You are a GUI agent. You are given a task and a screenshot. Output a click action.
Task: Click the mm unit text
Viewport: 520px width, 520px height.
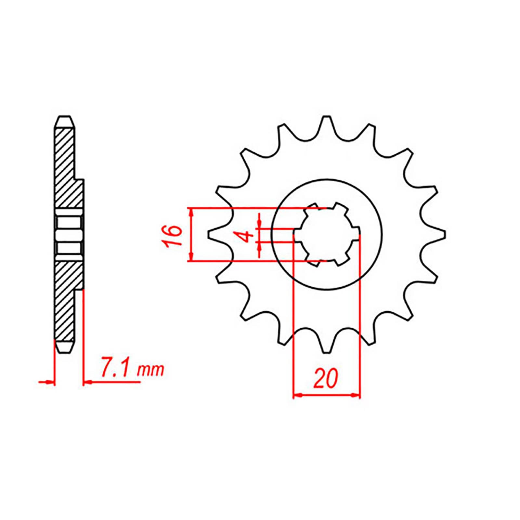pyautogui.click(x=151, y=370)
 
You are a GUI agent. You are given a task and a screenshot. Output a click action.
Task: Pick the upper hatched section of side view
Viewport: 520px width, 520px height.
pyautogui.click(x=67, y=169)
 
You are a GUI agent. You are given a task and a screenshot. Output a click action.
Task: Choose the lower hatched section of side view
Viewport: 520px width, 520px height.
pyautogui.click(x=67, y=299)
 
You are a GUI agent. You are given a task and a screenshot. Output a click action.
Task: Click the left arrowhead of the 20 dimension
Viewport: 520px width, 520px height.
pyautogui.click(x=297, y=396)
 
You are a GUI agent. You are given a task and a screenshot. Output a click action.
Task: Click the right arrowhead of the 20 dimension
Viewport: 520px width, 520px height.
pyautogui.click(x=357, y=396)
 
